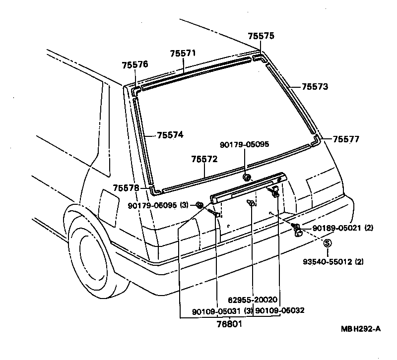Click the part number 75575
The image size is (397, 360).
click(261, 36)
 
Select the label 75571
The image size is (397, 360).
click(183, 54)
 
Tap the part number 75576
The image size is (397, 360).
click(134, 64)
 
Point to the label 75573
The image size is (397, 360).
click(315, 86)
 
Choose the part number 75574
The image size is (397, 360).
click(170, 135)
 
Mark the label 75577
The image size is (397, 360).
click(346, 139)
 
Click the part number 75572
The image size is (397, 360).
click(204, 159)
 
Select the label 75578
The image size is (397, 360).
click(126, 187)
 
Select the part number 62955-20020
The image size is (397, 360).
click(253, 300)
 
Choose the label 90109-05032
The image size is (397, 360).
click(279, 310)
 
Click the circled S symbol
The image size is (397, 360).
click(327, 243)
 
